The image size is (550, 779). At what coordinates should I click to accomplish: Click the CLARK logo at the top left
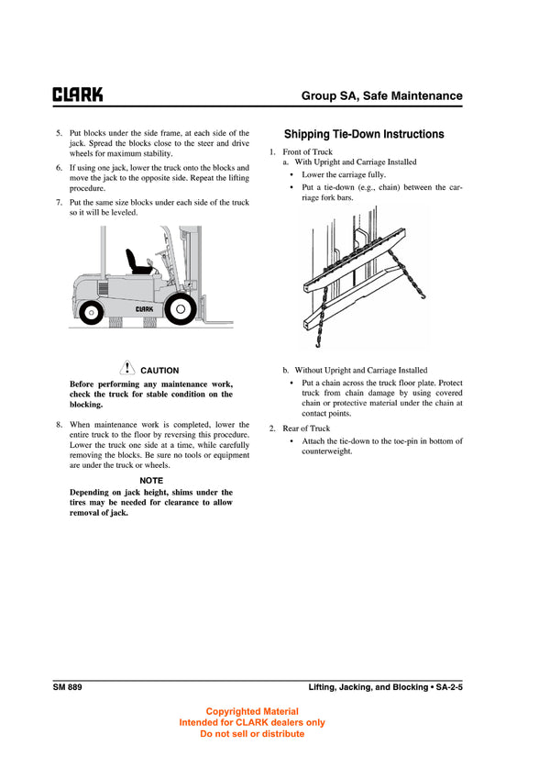coord(78,95)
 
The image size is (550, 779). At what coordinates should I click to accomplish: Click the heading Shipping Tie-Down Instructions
coord(364,134)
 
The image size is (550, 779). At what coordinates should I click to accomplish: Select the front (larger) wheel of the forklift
coord(181,309)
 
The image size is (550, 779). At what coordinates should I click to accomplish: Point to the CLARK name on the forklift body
coord(144,309)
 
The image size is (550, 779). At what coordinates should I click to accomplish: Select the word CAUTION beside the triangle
coord(159,371)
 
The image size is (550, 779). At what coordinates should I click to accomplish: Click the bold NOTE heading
coord(151,481)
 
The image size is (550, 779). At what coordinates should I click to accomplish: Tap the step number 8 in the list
coord(59,425)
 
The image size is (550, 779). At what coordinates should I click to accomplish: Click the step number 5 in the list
coord(59,133)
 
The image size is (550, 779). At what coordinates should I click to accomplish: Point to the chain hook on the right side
coord(424,295)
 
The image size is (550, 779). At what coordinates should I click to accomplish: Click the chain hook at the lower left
coord(318,346)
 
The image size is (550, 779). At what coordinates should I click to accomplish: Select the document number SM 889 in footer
coord(68,687)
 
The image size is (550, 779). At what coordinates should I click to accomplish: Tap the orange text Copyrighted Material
coord(252,711)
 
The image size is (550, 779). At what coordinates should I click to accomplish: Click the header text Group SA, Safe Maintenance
coord(381,95)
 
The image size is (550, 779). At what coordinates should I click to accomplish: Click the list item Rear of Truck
coord(306,428)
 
